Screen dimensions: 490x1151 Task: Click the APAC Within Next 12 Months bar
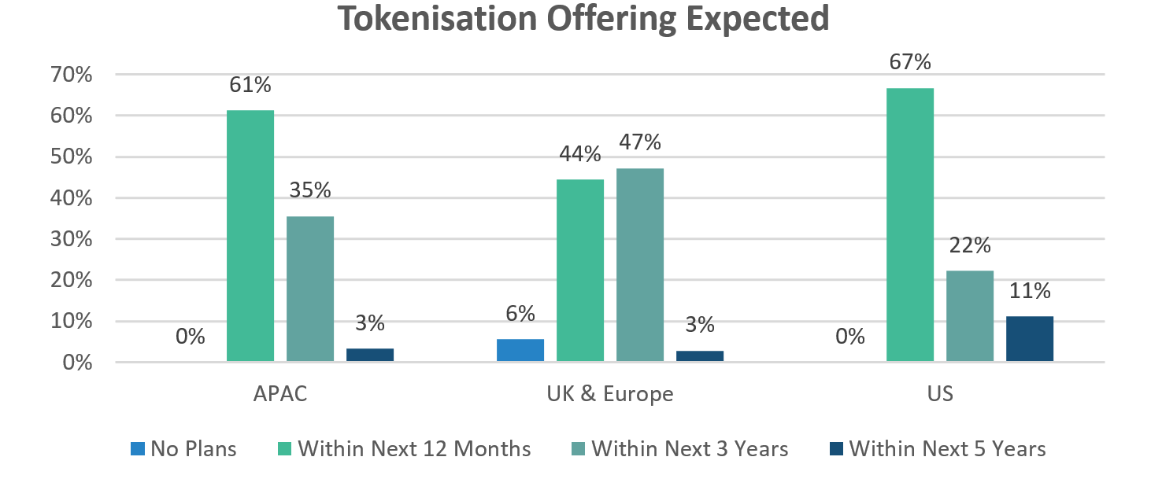pyautogui.click(x=250, y=236)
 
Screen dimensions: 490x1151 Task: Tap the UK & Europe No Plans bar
pyautogui.click(x=520, y=351)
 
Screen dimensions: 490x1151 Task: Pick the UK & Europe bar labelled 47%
pyautogui.click(x=640, y=265)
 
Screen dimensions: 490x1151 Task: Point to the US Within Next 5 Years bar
pyautogui.click(x=1030, y=339)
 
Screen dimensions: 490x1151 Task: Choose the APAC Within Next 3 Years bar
pyautogui.click(x=310, y=289)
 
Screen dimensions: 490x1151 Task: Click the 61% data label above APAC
pyautogui.click(x=250, y=84)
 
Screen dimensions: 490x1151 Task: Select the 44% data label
pyautogui.click(x=580, y=153)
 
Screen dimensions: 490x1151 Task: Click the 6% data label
pyautogui.click(x=520, y=313)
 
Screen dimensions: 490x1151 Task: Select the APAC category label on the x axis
pyautogui.click(x=280, y=393)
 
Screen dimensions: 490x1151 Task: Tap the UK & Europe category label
pyautogui.click(x=610, y=393)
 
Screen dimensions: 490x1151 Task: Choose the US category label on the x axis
pyautogui.click(x=940, y=393)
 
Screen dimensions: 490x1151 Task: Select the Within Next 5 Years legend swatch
pyautogui.click(x=836, y=449)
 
